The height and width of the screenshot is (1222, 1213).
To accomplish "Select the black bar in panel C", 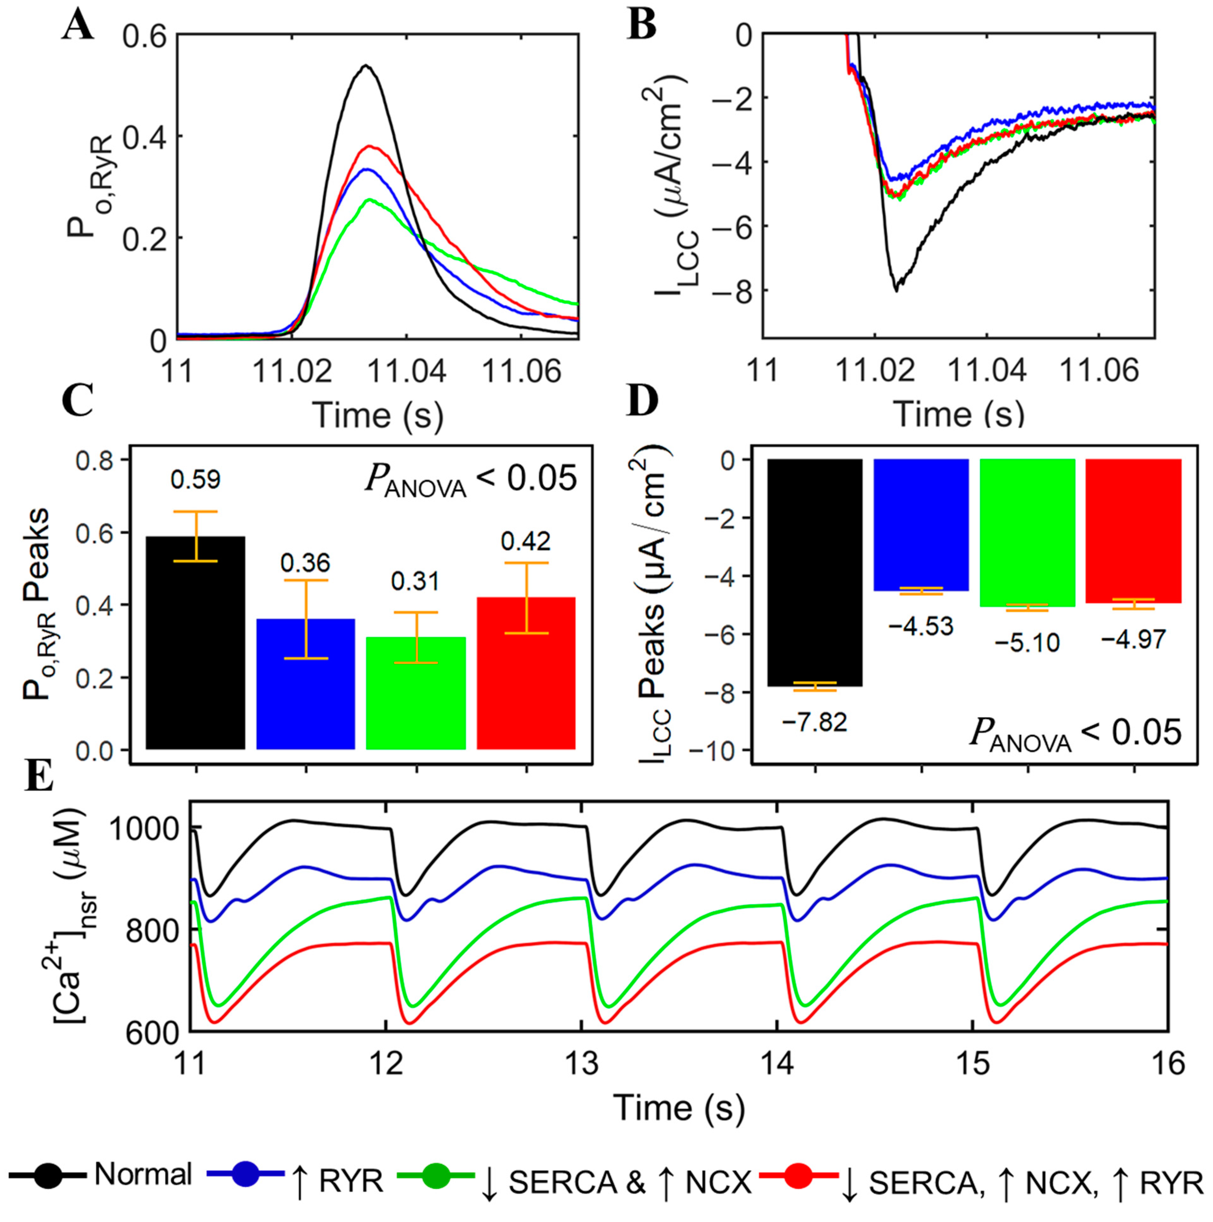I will [195, 642].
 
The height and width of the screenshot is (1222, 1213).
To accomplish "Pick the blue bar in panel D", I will [921, 525].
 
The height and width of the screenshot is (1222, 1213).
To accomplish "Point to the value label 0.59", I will [195, 480].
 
